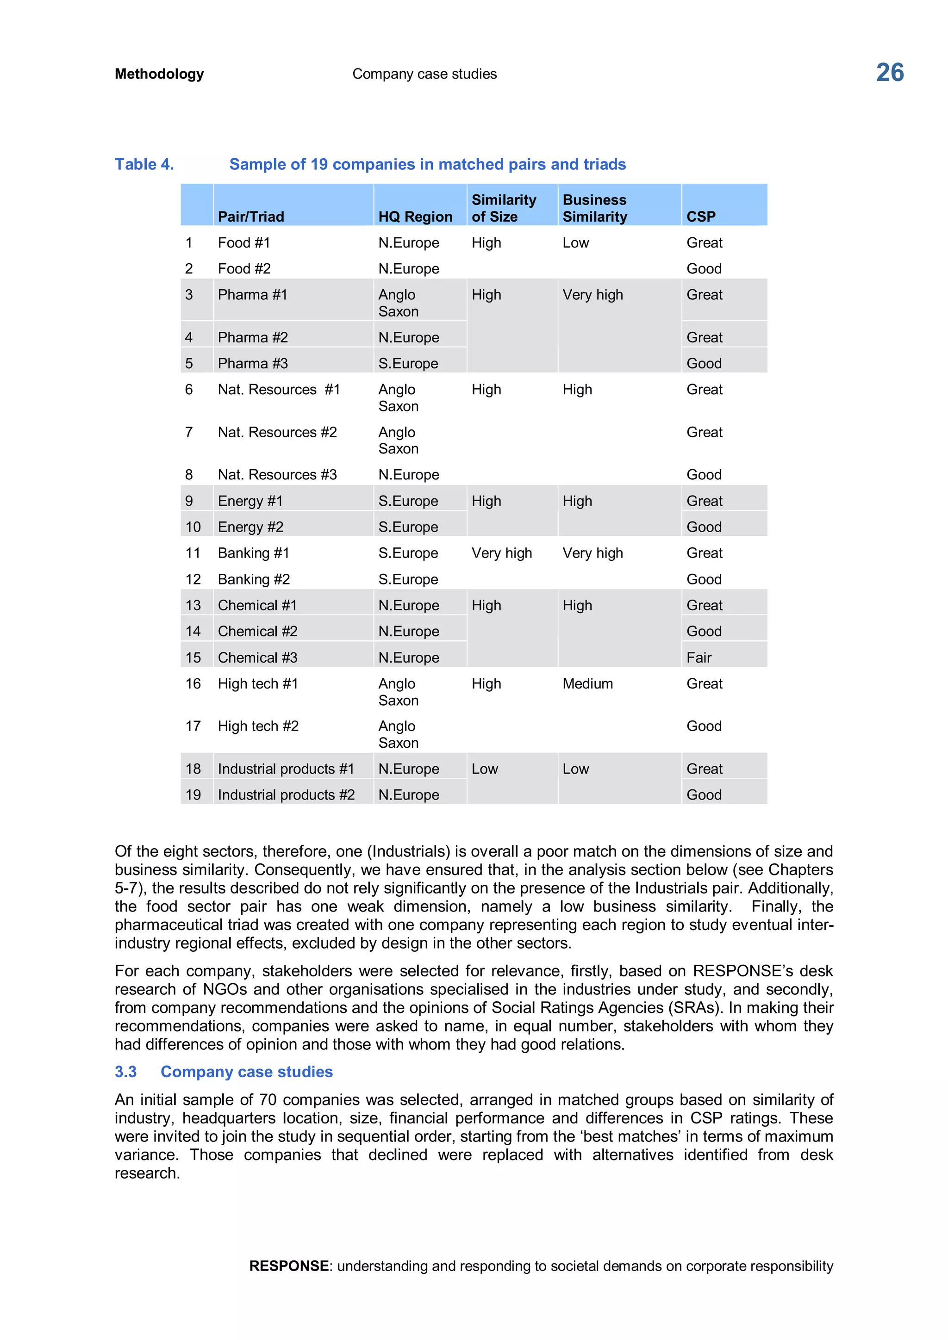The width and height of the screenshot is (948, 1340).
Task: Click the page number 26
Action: [889, 73]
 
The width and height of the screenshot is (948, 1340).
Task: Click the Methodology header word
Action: [159, 74]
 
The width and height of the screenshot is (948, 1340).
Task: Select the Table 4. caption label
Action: [144, 165]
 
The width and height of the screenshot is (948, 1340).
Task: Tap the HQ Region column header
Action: [415, 217]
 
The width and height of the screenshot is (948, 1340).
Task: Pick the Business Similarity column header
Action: [594, 208]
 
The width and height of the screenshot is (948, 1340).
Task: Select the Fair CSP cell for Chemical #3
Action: [699, 658]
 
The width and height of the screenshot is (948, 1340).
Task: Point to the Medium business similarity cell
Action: [587, 683]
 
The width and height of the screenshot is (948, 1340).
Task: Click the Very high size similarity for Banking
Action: [501, 553]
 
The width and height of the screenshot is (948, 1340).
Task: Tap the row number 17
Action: [193, 726]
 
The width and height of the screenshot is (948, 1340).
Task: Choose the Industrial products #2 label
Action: [286, 795]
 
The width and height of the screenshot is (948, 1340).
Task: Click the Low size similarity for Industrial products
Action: [485, 769]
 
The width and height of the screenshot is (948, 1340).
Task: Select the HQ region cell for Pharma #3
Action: [408, 364]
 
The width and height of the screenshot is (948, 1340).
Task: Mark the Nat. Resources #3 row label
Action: [277, 475]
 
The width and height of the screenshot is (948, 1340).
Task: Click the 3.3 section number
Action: [125, 1072]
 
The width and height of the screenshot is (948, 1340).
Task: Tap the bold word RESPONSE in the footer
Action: [288, 1266]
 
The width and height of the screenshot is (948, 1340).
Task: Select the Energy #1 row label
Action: [250, 501]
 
